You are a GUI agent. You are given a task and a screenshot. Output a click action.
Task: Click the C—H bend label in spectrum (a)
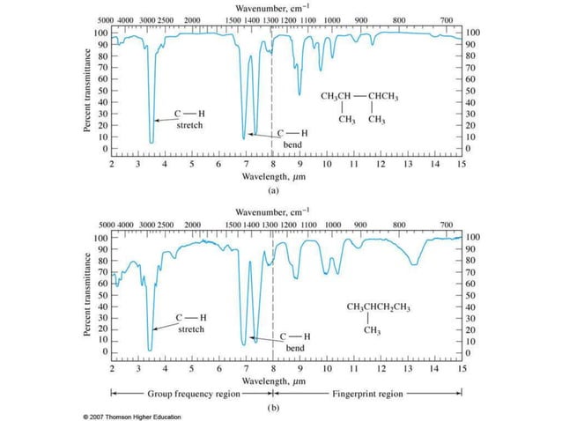pyautogui.click(x=293, y=137)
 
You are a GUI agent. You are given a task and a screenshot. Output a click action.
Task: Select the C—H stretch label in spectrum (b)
pyautogui.click(x=191, y=322)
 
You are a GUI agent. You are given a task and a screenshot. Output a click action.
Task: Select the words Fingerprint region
pyautogui.click(x=367, y=394)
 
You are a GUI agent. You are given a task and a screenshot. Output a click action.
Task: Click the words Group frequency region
pyautogui.click(x=193, y=394)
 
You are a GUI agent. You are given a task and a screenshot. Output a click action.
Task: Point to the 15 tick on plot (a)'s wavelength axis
pyautogui.click(x=462, y=164)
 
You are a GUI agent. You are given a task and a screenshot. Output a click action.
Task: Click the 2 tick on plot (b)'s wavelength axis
pyautogui.click(x=112, y=368)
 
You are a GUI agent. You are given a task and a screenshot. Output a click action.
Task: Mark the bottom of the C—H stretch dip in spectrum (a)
pyautogui.click(x=152, y=142)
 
